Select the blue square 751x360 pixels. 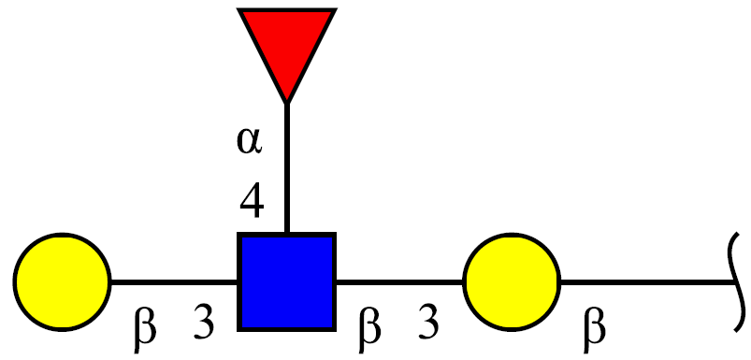(x=286, y=281)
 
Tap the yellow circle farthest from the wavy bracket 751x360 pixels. (x=63, y=281)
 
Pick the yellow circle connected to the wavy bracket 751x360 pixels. (x=512, y=281)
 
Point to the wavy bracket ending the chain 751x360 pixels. (x=737, y=281)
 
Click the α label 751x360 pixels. (x=250, y=142)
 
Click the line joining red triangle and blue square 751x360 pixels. (x=286, y=167)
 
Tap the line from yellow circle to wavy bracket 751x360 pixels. (x=648, y=282)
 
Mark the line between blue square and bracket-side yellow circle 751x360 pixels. (x=399, y=282)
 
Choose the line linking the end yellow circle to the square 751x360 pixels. (x=174, y=282)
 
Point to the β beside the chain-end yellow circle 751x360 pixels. (x=145, y=331)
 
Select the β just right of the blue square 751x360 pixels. (x=369, y=331)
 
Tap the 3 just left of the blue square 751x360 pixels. (x=204, y=324)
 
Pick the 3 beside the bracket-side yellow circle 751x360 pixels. (x=427, y=324)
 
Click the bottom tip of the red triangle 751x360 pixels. (x=286, y=103)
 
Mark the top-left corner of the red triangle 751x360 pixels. (x=239, y=9)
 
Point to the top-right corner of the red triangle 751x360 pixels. (x=335, y=9)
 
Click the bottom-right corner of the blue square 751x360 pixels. (x=335, y=330)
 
